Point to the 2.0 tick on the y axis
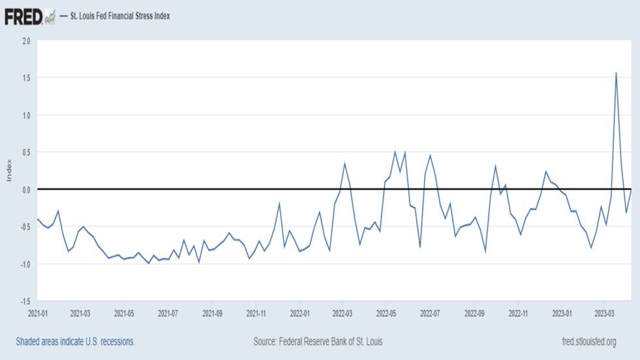(26, 41)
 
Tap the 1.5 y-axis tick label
(26, 78)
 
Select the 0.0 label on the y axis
(26, 189)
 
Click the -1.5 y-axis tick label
(25, 301)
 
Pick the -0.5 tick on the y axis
(25, 227)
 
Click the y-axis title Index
(9, 171)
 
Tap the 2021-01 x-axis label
(38, 313)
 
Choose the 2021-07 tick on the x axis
(168, 313)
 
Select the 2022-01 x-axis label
(300, 313)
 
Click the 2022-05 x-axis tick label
(386, 313)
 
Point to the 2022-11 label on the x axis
(518, 313)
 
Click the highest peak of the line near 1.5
(616, 73)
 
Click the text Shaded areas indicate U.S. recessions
(75, 342)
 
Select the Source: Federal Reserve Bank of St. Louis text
(318, 342)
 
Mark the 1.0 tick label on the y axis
(26, 115)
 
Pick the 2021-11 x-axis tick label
(256, 313)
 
